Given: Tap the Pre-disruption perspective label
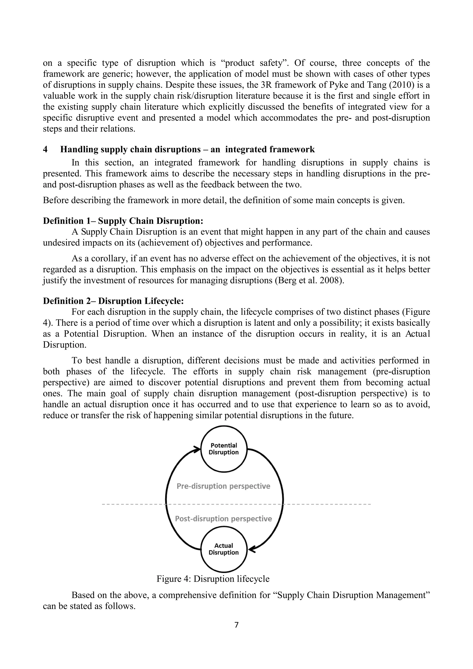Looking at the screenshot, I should click(223, 486).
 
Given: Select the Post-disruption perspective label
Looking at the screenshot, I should click(223, 519).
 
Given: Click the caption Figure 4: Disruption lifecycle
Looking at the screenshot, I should click(213, 579).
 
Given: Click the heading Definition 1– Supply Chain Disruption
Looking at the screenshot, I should click(123, 221).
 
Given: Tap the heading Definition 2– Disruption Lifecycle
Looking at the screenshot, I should click(113, 301).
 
